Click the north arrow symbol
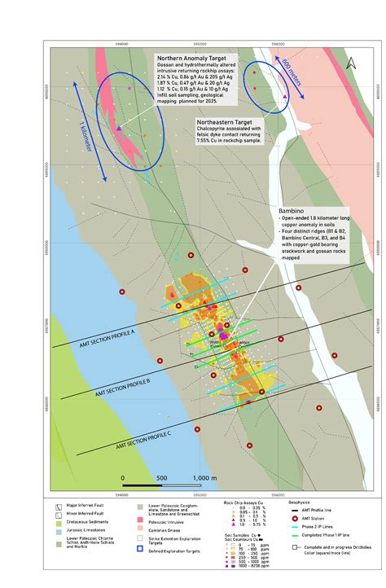click(x=349, y=61)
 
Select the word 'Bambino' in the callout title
click(x=291, y=208)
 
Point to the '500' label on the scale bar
click(x=161, y=478)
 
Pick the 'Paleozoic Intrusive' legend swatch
click(x=140, y=519)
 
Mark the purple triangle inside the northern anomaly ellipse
click(x=119, y=129)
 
